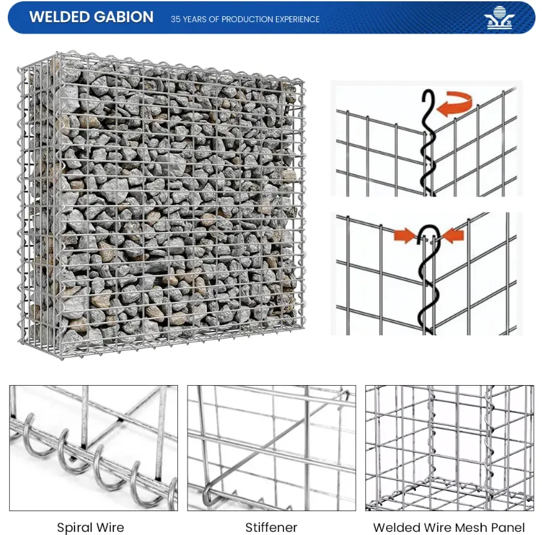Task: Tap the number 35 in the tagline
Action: click(176, 19)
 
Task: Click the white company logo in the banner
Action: click(497, 18)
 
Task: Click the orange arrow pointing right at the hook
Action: click(404, 236)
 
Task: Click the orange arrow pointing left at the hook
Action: click(453, 236)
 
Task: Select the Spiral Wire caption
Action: click(91, 527)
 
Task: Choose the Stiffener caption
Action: click(272, 527)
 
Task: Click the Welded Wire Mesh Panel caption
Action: click(450, 527)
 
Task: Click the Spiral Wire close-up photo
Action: click(93, 448)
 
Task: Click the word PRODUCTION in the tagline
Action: click(246, 19)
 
